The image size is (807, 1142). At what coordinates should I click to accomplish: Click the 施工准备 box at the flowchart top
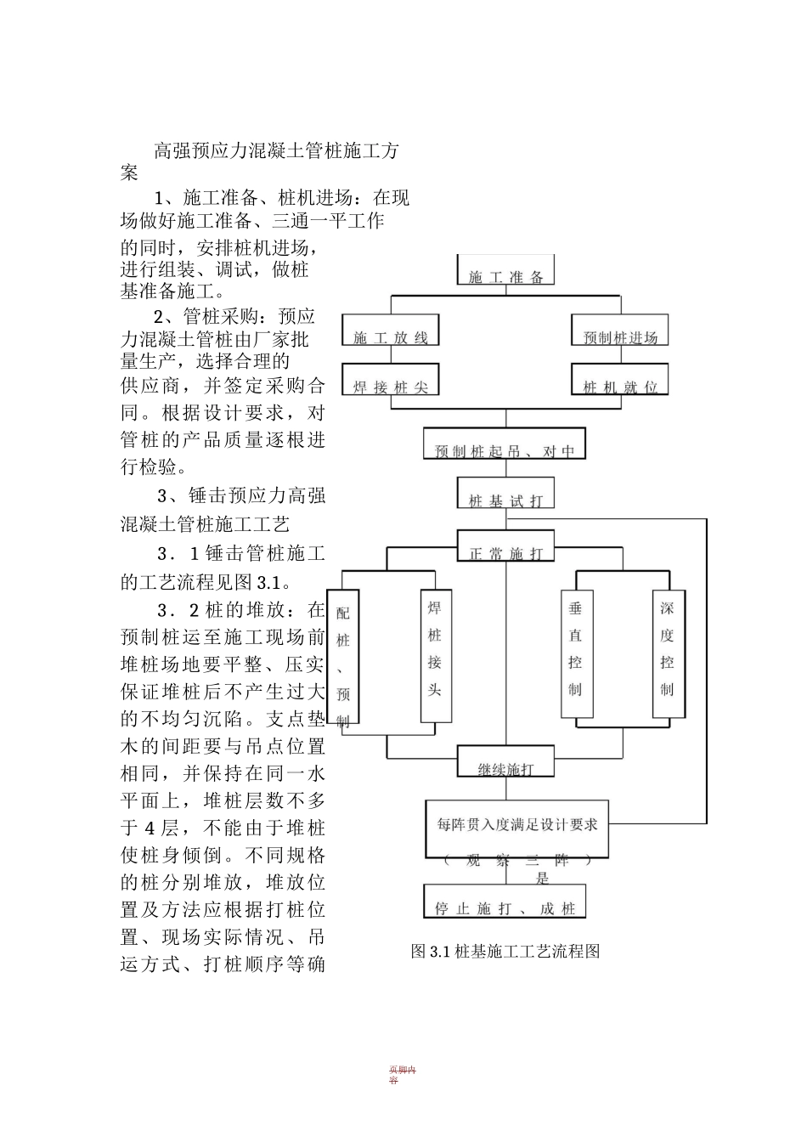(x=506, y=271)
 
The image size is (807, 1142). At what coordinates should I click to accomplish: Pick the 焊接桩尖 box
(x=391, y=381)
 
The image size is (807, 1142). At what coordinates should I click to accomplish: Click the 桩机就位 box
(x=620, y=381)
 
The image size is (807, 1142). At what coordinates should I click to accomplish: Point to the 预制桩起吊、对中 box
(x=505, y=444)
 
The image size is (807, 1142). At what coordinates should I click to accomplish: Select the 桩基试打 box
(x=505, y=495)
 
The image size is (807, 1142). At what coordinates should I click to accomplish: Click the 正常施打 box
(x=505, y=546)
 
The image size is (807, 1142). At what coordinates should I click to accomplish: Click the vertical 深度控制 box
(x=667, y=654)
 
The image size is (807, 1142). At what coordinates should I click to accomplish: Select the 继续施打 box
(x=505, y=762)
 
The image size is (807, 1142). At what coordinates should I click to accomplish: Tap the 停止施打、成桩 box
(x=505, y=902)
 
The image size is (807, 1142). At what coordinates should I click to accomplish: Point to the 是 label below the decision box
(x=542, y=879)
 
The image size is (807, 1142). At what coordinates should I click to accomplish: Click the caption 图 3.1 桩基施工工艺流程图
(x=505, y=951)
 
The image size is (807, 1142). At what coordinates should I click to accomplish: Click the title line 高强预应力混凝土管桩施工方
(x=275, y=152)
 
